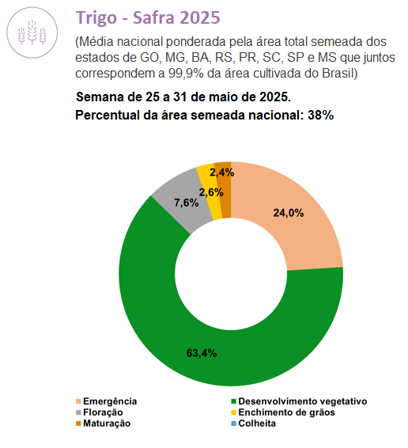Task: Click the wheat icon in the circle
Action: tap(32, 32)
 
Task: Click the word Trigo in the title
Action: tap(96, 17)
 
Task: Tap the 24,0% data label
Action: tap(289, 213)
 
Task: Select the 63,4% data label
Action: tap(202, 353)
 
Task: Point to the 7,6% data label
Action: tap(187, 203)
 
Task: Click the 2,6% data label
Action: tap(211, 192)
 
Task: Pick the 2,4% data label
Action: tap(222, 173)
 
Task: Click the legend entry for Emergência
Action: tap(107, 401)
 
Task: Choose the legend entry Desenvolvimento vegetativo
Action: tap(299, 401)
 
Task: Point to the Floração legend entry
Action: tap(100, 412)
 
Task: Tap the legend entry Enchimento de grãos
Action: tap(283, 412)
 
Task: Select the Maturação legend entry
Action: tap(103, 423)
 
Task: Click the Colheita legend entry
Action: tap(254, 423)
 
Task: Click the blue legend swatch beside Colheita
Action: tap(233, 423)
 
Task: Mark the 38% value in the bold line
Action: tap(321, 115)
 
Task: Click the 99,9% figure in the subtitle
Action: tap(186, 74)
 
